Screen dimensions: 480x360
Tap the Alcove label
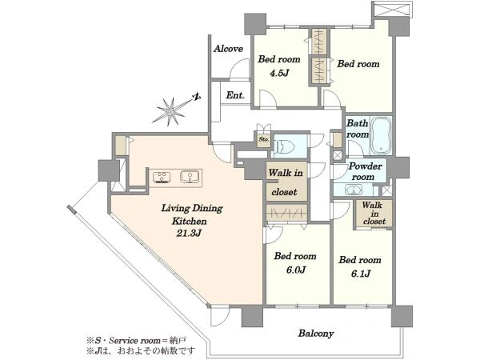pyautogui.click(x=228, y=49)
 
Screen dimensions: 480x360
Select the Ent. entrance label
pyautogui.click(x=235, y=95)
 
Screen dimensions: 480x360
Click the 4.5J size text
pyautogui.click(x=279, y=74)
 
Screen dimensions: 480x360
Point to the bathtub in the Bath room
pyautogui.click(x=381, y=135)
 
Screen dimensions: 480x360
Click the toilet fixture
pyautogui.click(x=284, y=146)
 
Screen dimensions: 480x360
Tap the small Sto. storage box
pyautogui.click(x=263, y=139)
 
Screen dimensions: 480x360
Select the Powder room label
pyautogui.click(x=365, y=171)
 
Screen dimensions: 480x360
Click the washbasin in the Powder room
pyautogui.click(x=354, y=190)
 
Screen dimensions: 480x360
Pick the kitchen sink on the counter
pyautogui.click(x=190, y=177)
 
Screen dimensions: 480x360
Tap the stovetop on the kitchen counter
pyautogui.click(x=162, y=177)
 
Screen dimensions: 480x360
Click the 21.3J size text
pyautogui.click(x=189, y=234)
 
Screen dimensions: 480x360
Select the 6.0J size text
pyautogui.click(x=294, y=270)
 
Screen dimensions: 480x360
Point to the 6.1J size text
pyautogui.click(x=361, y=273)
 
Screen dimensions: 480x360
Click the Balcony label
pyautogui.click(x=316, y=334)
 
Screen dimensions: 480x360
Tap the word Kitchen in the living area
pyautogui.click(x=189, y=221)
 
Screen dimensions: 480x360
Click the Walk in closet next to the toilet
pyautogui.click(x=286, y=182)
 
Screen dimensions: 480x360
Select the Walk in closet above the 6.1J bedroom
pyautogui.click(x=374, y=214)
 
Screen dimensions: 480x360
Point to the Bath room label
pyautogui.click(x=358, y=129)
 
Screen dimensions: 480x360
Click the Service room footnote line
pyautogui.click(x=137, y=340)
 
